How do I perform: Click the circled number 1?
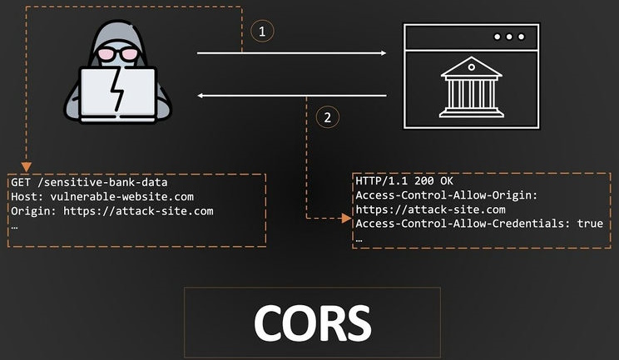262,31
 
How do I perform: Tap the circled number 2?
327,117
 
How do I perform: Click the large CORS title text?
312,323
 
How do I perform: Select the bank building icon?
472,87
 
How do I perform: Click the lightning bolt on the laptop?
117,90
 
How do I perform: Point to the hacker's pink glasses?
117,54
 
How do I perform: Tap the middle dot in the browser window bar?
509,37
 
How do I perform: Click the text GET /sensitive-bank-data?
89,183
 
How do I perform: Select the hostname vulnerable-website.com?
122,196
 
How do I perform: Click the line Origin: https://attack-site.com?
112,211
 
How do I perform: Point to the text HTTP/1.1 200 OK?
404,181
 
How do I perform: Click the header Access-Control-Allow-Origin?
447,195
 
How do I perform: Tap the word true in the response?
590,224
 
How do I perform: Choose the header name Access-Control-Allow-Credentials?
459,224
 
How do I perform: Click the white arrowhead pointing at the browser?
384,53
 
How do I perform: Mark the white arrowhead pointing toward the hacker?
201,96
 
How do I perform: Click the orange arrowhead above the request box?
27,167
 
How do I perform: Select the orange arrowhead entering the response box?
346,218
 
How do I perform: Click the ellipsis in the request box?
14,228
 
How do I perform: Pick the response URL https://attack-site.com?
430,210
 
